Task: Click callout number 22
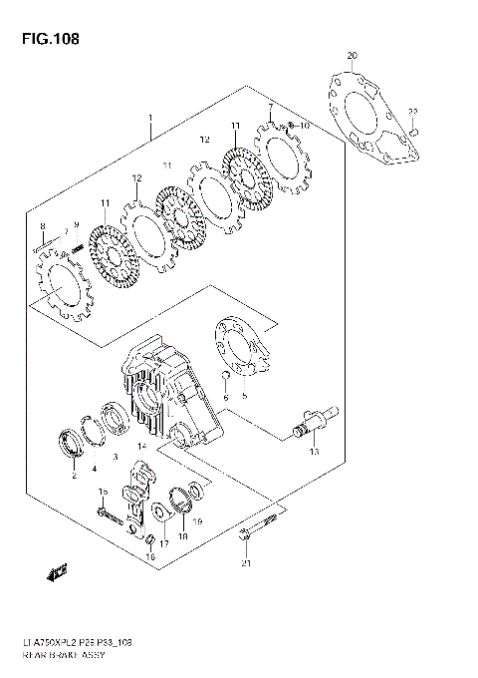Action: pos(413,112)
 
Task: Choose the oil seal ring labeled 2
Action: pos(72,444)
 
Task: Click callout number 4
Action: pos(94,469)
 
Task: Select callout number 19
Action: pos(198,521)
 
